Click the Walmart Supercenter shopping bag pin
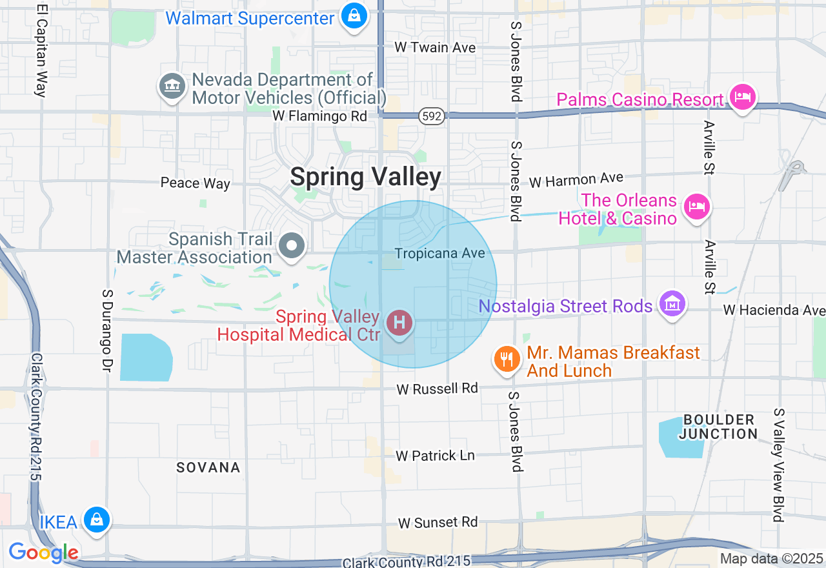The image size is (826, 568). (354, 15)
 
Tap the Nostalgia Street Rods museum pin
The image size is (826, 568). (672, 304)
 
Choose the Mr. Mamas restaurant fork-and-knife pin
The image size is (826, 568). (507, 360)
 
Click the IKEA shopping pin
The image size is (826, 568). (96, 520)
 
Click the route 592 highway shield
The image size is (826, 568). (430, 116)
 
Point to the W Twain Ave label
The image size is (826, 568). (435, 48)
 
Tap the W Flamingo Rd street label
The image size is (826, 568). (319, 116)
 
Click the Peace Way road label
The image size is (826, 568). (195, 183)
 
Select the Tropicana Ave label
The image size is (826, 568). (439, 254)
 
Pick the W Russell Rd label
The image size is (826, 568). (437, 389)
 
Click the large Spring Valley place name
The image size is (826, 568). (365, 177)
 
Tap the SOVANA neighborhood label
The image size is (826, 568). (208, 467)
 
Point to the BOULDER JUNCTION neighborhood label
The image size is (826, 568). (718, 427)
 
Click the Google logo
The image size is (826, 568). (43, 553)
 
